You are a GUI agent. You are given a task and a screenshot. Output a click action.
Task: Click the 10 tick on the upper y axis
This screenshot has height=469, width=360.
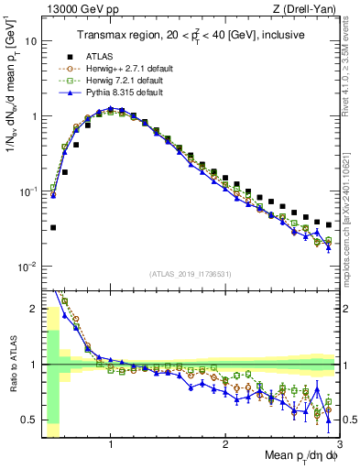(31, 42)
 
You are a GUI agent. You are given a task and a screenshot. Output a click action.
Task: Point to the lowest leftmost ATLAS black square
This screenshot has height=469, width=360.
(53, 227)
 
